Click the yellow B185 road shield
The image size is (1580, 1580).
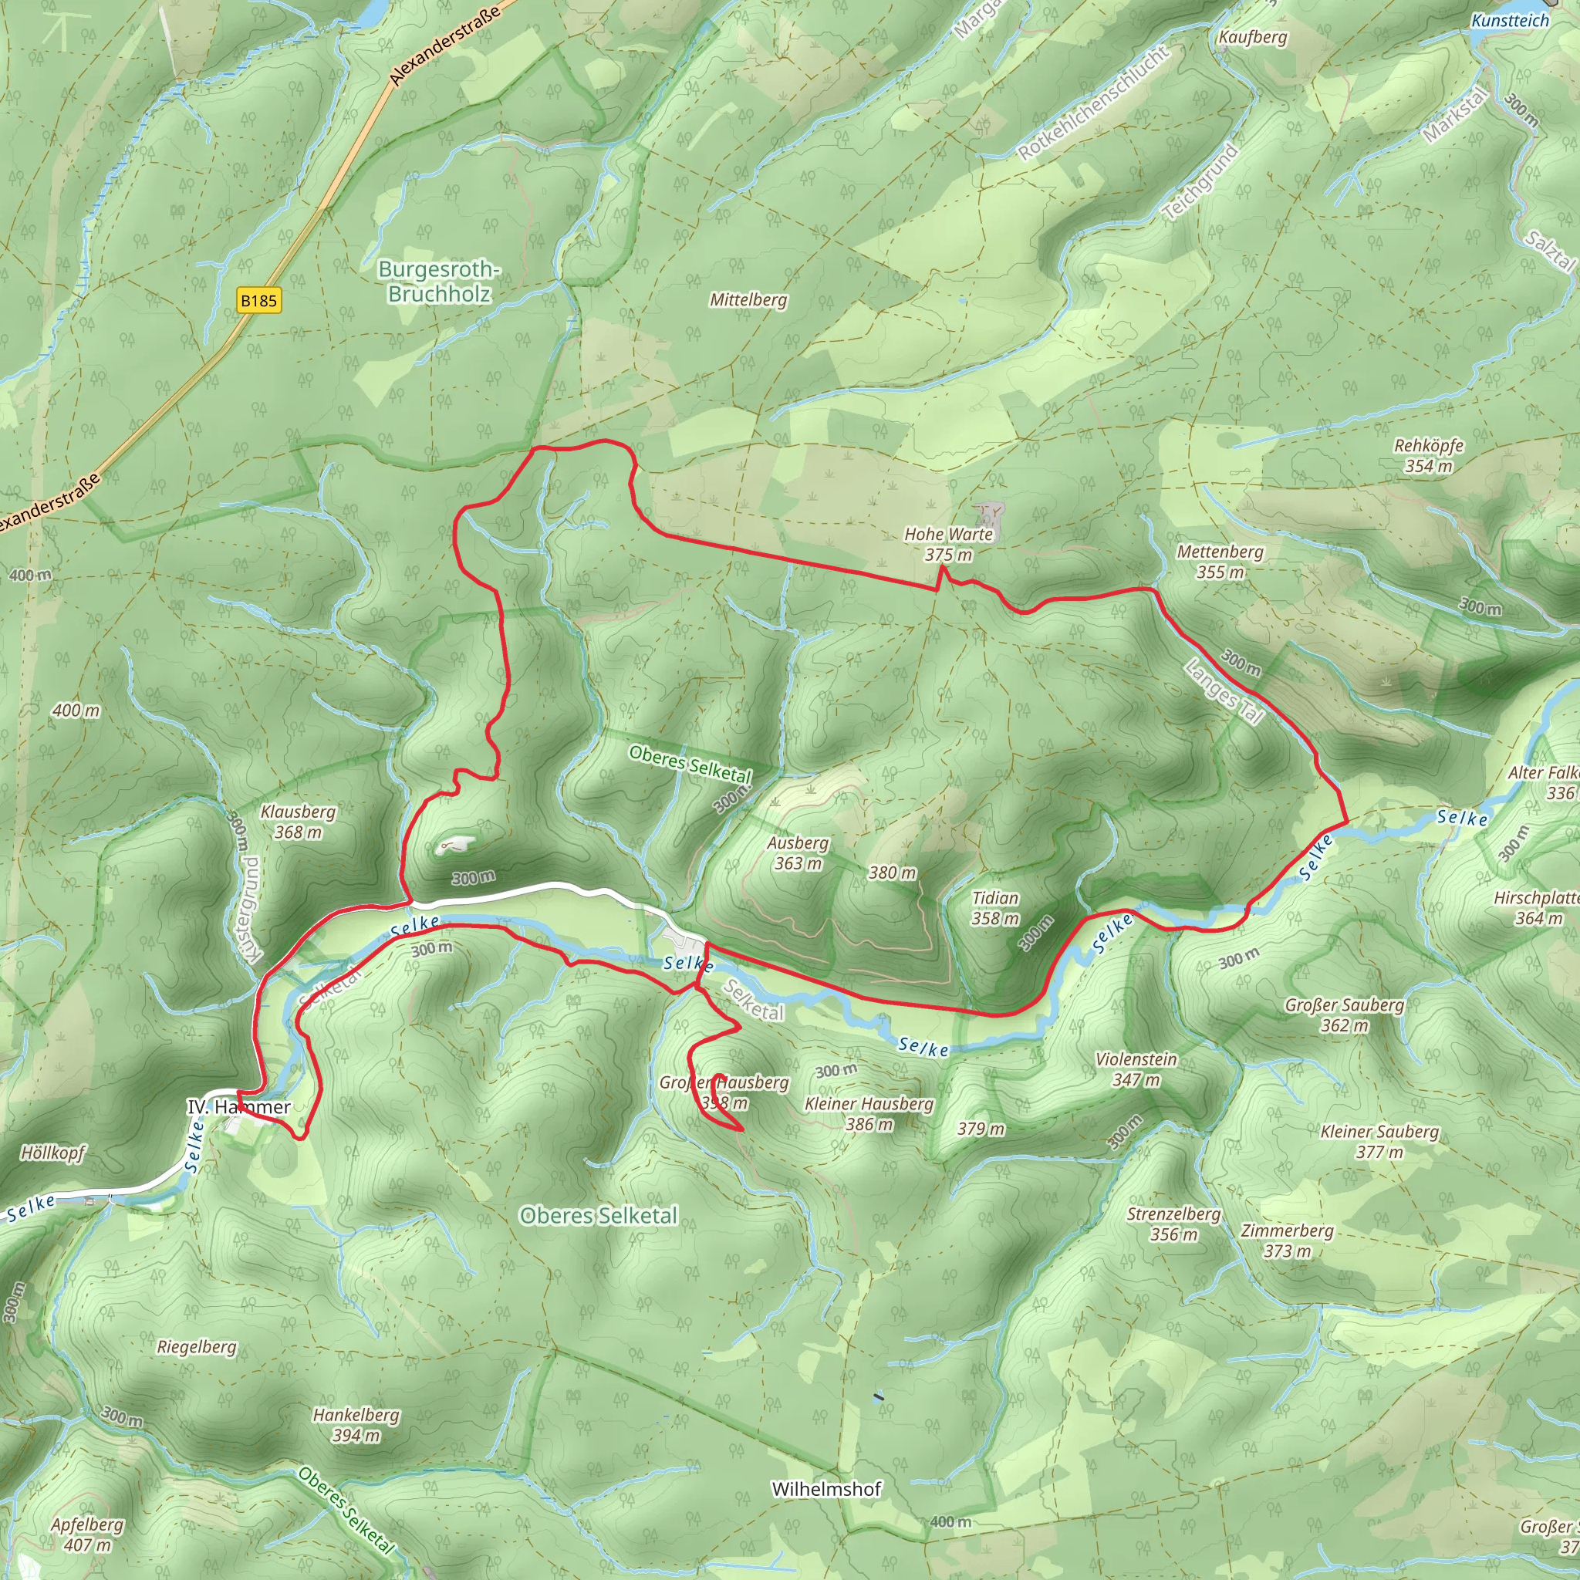(258, 300)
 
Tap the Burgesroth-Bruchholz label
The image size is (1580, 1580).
(439, 282)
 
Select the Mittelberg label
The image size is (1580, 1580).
(748, 299)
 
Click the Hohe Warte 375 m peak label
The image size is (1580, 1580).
(948, 544)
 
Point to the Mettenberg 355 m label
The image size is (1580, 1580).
(1220, 562)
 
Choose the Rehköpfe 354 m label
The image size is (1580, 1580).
(1428, 455)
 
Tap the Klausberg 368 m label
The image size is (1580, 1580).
(298, 821)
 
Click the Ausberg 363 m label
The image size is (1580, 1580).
(798, 852)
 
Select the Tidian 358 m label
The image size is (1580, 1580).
(994, 908)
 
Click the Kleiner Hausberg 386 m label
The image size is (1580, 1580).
(869, 1113)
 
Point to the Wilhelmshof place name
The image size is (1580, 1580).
(826, 1488)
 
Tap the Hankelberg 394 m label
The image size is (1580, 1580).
(356, 1425)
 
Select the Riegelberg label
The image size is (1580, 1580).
(196, 1346)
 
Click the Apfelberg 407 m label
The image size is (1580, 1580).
(86, 1534)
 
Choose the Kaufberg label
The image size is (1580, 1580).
(1252, 37)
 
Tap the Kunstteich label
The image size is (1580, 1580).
(1510, 21)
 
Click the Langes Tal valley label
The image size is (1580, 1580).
(1224, 692)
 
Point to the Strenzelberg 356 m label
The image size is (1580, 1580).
(1173, 1224)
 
